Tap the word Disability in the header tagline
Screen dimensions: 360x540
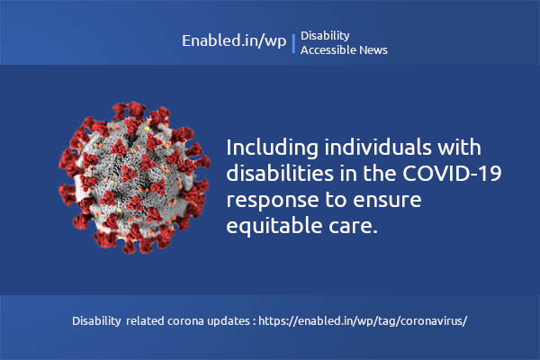tap(325, 35)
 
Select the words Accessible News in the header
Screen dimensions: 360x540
tap(344, 50)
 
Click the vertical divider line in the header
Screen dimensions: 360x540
tap(293, 42)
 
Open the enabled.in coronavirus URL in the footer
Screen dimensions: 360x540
tap(363, 321)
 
